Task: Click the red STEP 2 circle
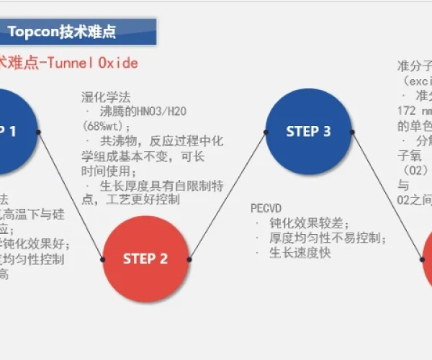[x=145, y=258]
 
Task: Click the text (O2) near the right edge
[x=412, y=170]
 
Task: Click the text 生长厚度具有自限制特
[x=161, y=185]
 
